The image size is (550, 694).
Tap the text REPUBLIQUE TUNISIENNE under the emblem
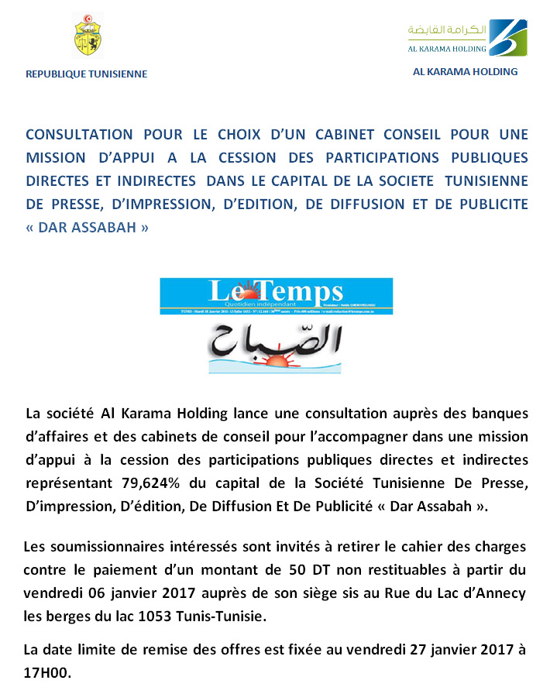[86, 74]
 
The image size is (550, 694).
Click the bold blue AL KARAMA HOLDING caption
[465, 71]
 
